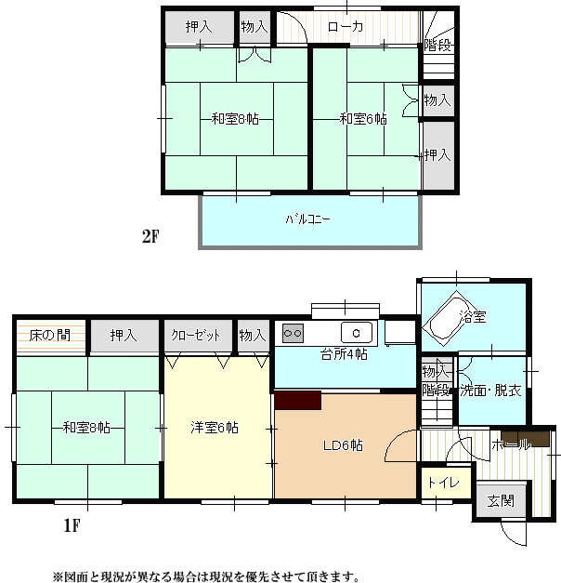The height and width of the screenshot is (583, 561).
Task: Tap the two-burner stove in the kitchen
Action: tap(293, 333)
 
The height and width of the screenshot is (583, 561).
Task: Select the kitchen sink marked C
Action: tap(357, 332)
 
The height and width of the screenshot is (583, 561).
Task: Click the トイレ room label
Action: tap(443, 483)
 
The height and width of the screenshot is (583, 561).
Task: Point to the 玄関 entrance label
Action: tap(501, 501)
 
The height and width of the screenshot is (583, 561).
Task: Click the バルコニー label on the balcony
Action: tap(307, 219)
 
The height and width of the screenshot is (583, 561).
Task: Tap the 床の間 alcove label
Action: tap(50, 336)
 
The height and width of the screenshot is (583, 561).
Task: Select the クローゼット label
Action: tap(195, 336)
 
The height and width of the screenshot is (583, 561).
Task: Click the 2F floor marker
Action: tap(150, 236)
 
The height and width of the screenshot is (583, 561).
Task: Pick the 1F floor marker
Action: tap(72, 525)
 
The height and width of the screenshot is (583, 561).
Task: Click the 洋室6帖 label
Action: tap(215, 428)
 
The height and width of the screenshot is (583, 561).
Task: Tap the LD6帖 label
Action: tap(343, 445)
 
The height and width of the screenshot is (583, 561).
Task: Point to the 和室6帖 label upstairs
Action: tap(363, 119)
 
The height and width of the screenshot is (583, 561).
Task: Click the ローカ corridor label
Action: tap(346, 27)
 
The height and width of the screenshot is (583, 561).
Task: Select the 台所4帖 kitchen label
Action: tap(344, 354)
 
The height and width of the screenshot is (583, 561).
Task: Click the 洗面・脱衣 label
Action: tap(490, 391)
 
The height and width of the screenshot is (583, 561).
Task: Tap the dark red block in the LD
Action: tap(297, 400)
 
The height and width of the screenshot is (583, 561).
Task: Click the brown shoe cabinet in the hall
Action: tap(525, 439)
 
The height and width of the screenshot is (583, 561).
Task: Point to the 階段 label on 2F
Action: tap(437, 46)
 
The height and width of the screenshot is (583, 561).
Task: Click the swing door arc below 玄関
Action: tap(509, 537)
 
